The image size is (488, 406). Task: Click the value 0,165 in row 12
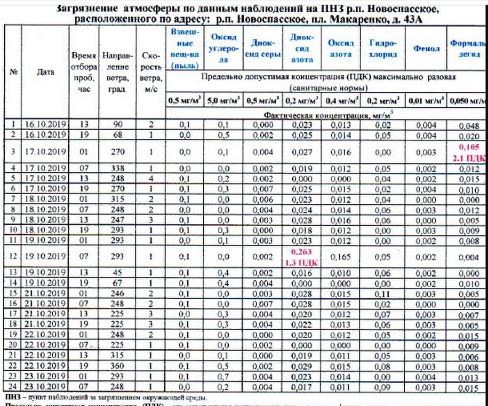click(x=341, y=257)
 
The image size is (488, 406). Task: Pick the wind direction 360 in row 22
click(x=117, y=367)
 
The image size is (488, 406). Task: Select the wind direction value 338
click(x=117, y=169)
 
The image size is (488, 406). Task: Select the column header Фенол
click(x=426, y=49)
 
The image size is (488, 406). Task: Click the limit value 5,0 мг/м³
click(x=224, y=100)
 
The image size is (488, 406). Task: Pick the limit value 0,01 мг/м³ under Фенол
click(x=426, y=100)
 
